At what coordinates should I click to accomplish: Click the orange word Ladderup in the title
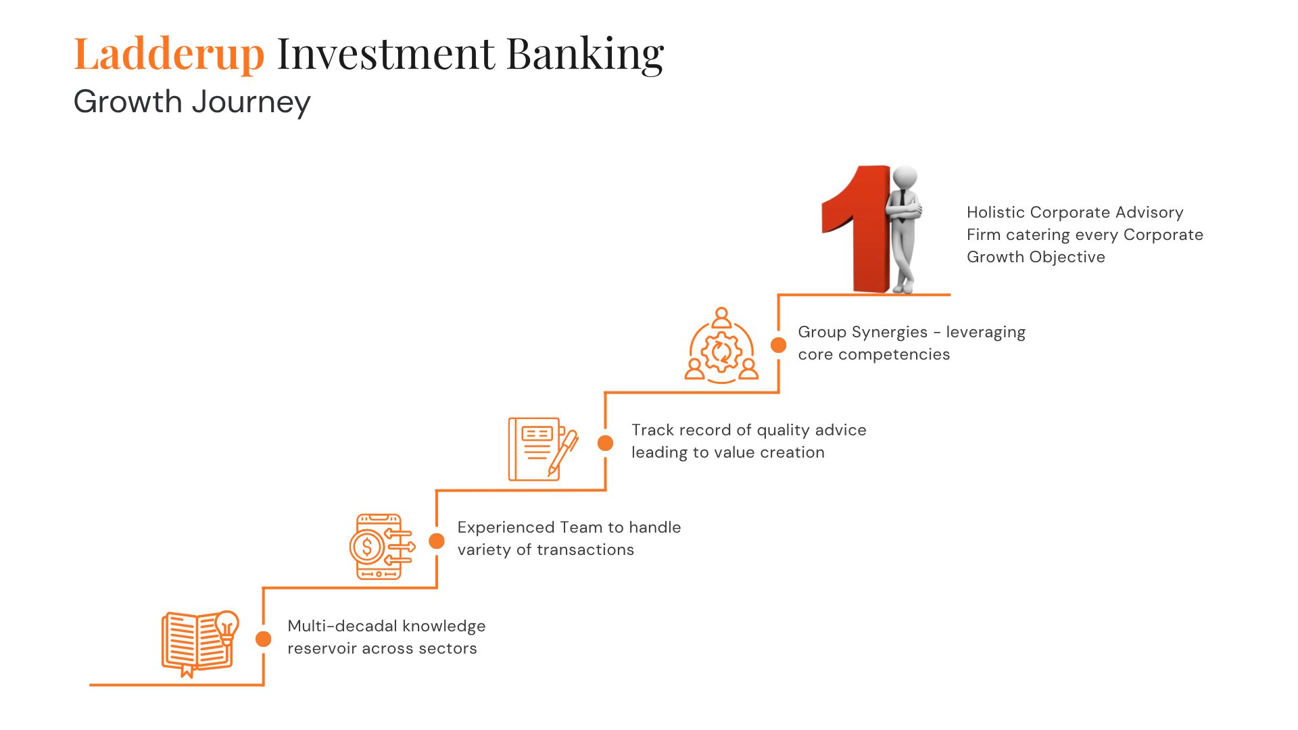(168, 54)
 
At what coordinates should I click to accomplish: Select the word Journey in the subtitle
(251, 103)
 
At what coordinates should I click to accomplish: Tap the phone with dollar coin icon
(381, 546)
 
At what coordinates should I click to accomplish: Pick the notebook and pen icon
(542, 449)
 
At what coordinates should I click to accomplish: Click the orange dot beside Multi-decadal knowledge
(264, 639)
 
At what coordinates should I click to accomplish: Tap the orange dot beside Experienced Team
(437, 541)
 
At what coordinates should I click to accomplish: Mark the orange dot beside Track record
(606, 443)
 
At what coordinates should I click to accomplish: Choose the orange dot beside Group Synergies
(779, 345)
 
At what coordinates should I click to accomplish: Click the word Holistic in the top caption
(996, 212)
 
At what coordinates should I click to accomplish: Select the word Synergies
(890, 332)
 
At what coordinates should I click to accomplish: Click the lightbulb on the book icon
(226, 625)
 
